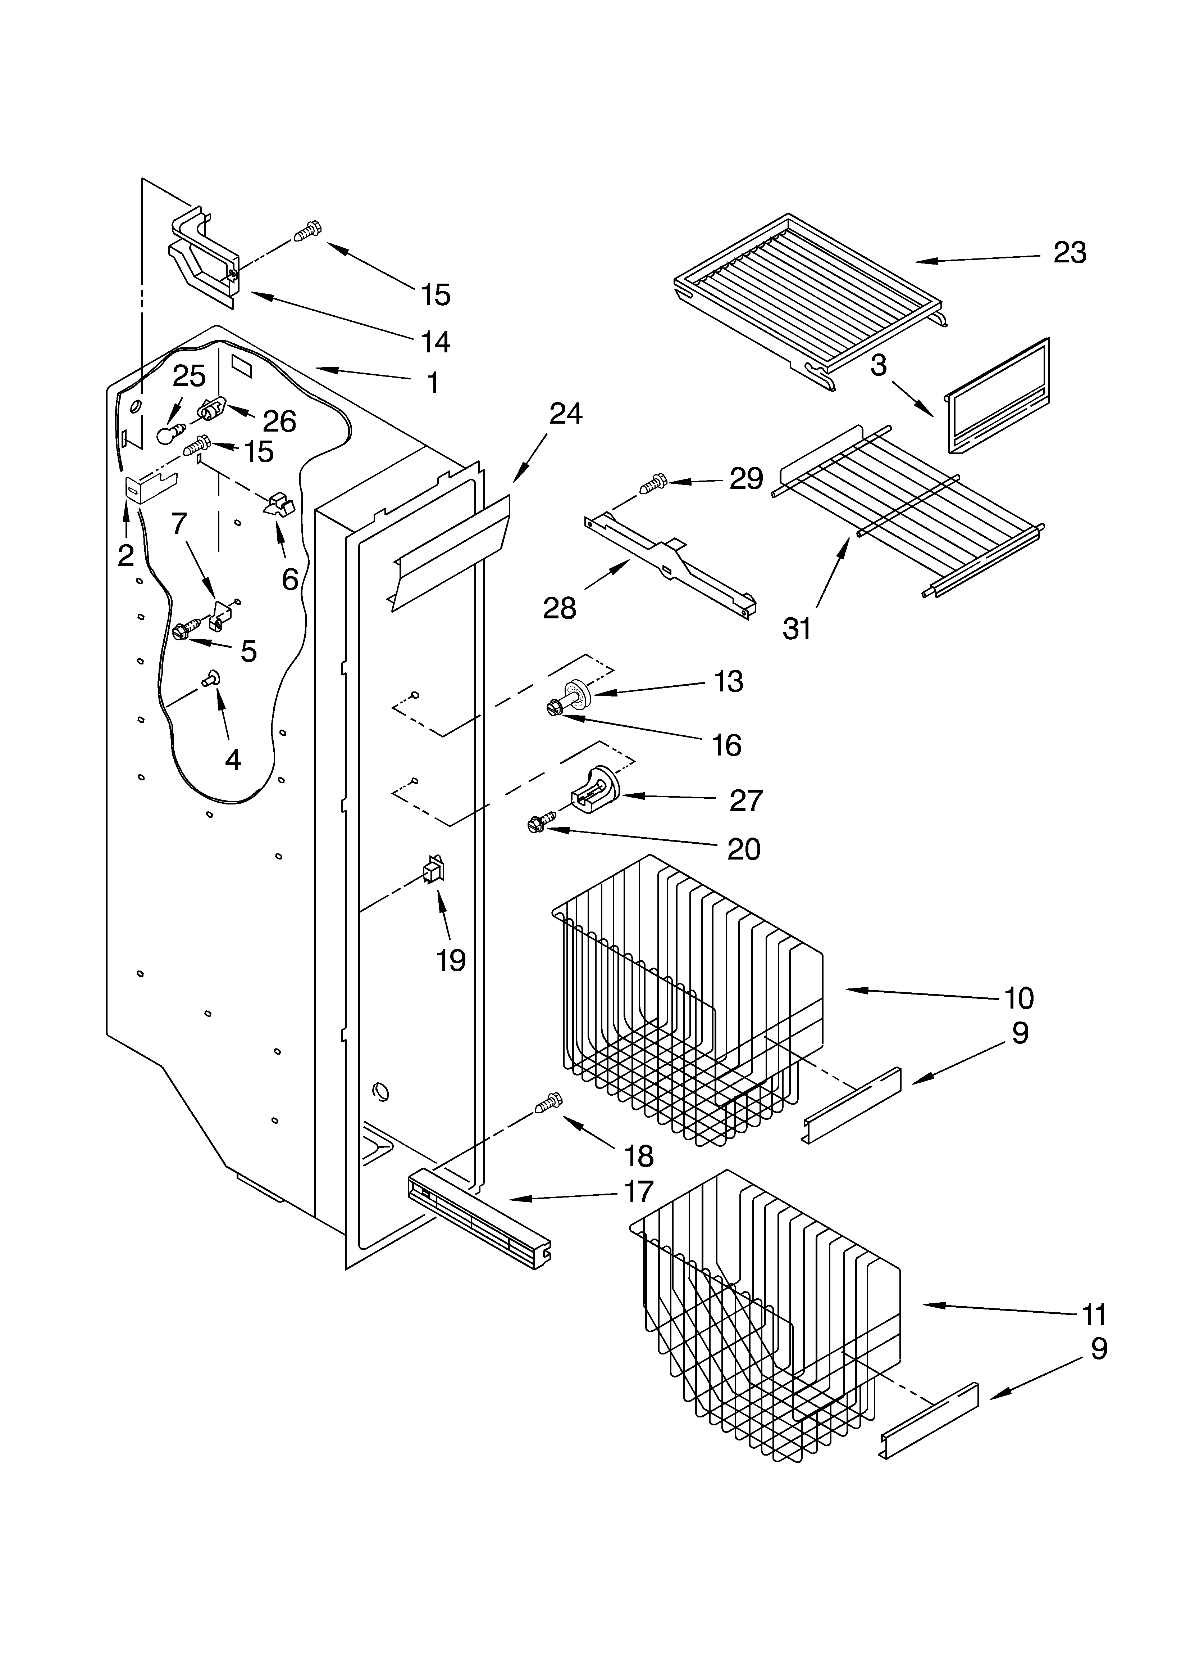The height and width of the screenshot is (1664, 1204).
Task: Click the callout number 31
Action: coord(797,629)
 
